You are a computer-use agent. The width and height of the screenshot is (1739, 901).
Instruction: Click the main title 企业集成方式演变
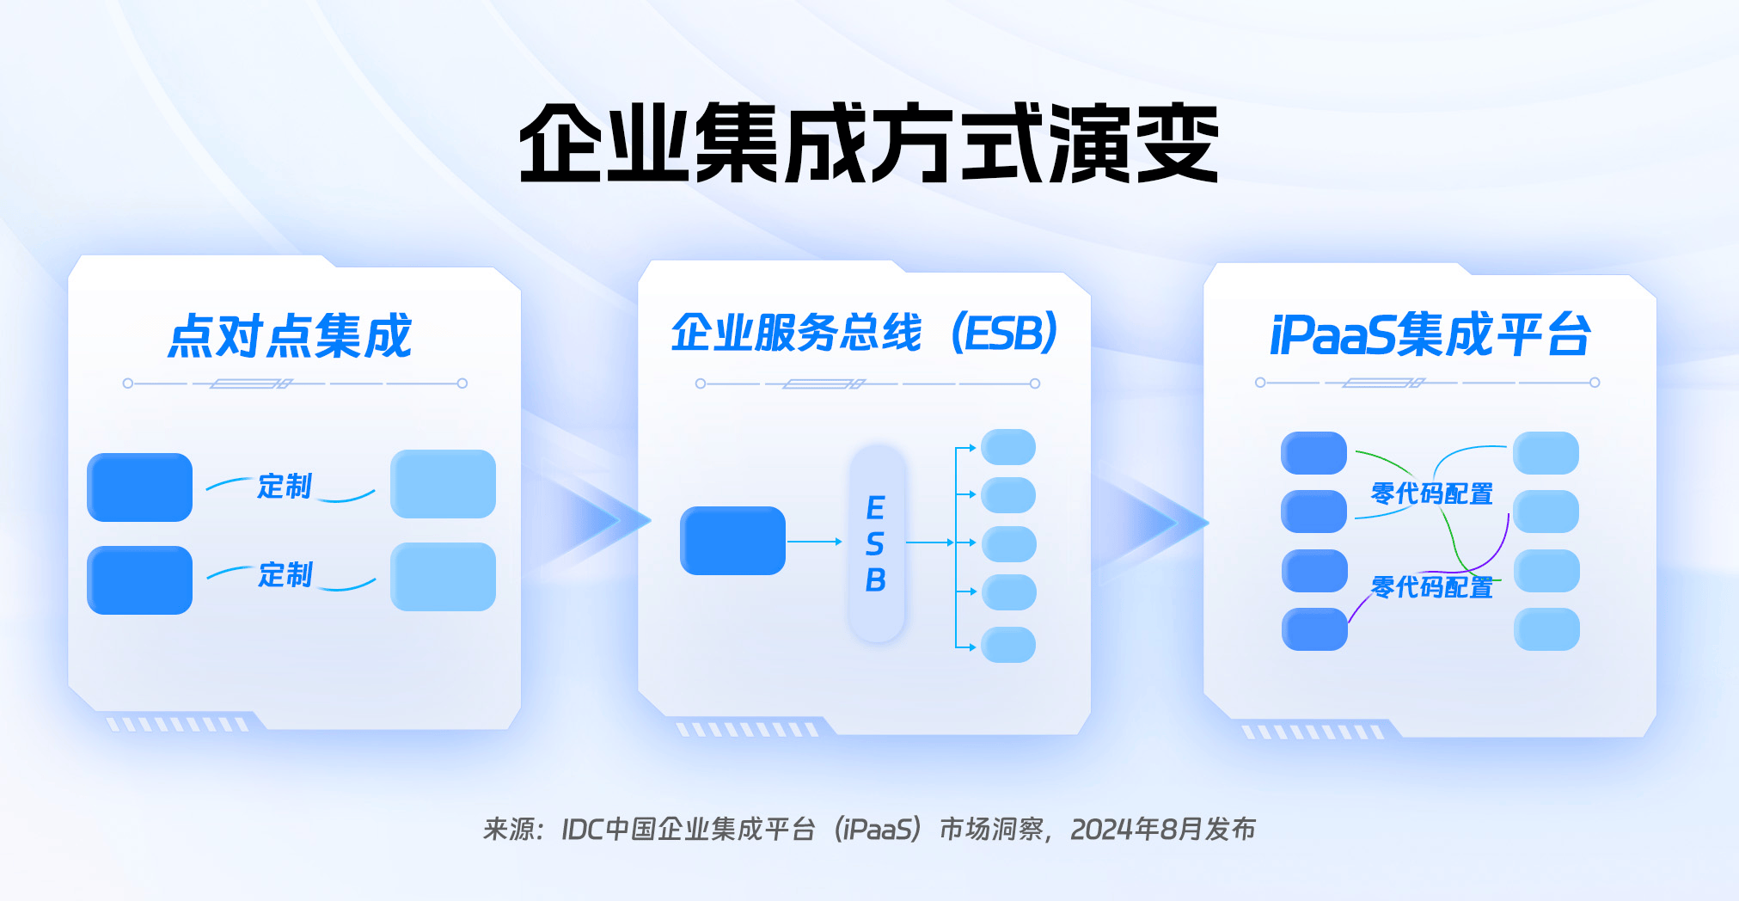[869, 143]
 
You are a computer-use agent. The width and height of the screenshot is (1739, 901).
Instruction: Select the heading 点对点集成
[290, 335]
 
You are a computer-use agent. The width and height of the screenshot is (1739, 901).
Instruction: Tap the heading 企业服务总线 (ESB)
[864, 333]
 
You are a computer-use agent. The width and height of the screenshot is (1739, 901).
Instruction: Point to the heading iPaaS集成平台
[1430, 334]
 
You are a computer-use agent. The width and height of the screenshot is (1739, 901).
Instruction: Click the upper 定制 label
[285, 486]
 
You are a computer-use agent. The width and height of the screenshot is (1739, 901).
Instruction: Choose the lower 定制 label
[285, 574]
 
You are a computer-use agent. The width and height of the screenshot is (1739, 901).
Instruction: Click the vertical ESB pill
[877, 543]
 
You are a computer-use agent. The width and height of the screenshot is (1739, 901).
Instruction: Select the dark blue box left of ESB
[732, 541]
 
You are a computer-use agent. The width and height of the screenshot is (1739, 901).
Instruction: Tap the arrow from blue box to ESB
[815, 542]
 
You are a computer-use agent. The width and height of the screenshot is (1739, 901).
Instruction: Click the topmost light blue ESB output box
[1008, 447]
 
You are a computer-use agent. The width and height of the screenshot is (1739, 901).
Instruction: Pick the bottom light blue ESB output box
[1008, 645]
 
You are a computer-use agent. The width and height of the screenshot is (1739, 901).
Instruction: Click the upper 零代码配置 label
[1432, 493]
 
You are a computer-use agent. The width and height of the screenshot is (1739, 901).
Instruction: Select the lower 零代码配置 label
[1432, 587]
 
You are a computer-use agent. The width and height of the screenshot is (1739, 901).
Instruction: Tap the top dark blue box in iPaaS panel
[1313, 453]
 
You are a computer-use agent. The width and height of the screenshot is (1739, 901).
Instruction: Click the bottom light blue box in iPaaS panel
[1546, 629]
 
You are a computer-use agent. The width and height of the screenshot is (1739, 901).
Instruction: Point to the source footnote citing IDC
[869, 829]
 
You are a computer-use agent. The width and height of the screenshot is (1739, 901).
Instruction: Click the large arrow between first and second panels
[593, 520]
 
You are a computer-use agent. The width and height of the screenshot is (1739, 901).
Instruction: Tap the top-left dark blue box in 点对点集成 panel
[139, 487]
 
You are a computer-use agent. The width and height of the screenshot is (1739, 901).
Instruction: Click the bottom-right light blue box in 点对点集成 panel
[443, 577]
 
